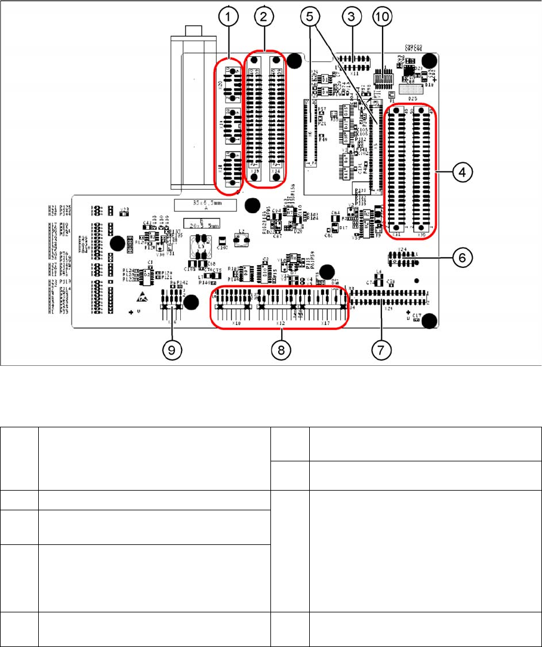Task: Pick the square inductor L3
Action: [201, 246]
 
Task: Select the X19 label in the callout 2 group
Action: [255, 172]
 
